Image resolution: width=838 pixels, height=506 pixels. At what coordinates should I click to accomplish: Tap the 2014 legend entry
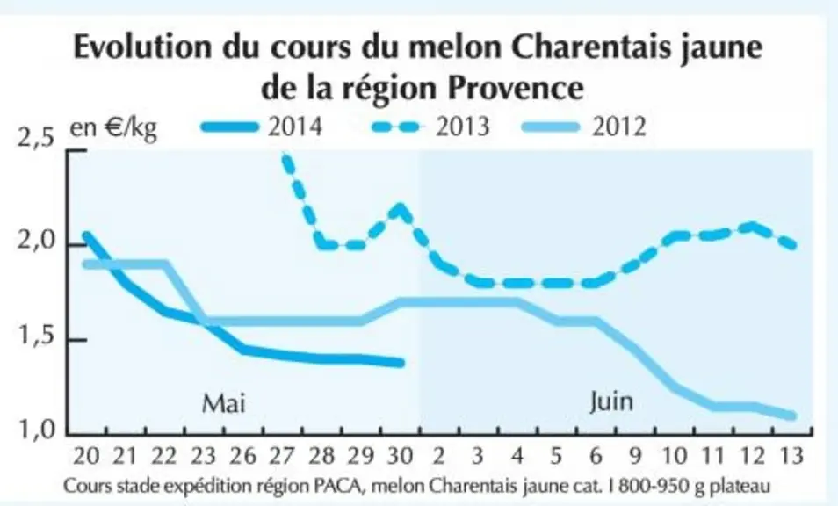[x=263, y=127]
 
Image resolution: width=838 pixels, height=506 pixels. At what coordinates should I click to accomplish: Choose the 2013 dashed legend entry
[x=430, y=127]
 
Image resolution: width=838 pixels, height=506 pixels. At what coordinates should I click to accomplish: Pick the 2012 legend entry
[x=585, y=127]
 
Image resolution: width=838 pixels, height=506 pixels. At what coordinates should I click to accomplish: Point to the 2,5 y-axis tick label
[x=36, y=139]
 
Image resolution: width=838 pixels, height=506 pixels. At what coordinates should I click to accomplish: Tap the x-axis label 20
[x=86, y=456]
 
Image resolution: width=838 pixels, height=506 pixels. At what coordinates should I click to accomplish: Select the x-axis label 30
[x=399, y=456]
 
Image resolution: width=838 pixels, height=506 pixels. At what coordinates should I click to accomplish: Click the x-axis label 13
[x=791, y=456]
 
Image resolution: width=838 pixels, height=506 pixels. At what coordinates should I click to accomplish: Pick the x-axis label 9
[x=635, y=456]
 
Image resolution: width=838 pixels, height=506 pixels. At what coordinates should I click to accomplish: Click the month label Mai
[x=224, y=403]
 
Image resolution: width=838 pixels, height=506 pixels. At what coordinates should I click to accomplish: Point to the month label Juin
[x=611, y=401]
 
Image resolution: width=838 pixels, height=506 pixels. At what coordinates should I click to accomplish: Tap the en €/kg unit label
[x=113, y=129]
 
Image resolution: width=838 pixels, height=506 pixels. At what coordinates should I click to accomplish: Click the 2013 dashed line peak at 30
[x=400, y=208]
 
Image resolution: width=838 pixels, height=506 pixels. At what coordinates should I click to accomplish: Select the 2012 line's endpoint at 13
[x=792, y=416]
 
